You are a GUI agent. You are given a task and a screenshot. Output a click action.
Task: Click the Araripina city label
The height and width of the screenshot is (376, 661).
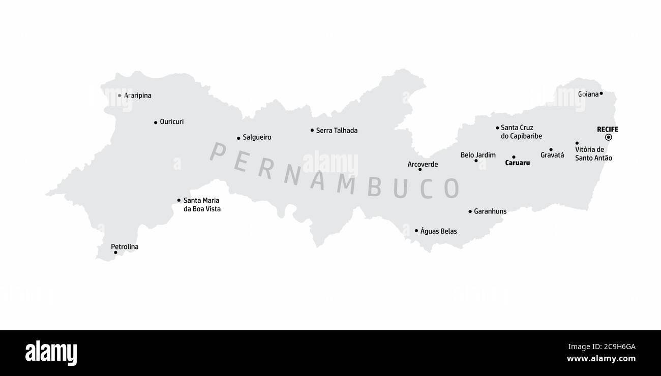point(138,96)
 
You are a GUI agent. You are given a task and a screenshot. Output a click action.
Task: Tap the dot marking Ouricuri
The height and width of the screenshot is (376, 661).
point(156,122)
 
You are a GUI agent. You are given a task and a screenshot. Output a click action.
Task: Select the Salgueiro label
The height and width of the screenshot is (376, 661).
point(257,137)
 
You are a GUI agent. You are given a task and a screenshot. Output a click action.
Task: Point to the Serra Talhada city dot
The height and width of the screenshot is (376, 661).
point(312,130)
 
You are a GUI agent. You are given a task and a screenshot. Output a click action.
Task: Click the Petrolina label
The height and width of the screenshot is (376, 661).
point(125,247)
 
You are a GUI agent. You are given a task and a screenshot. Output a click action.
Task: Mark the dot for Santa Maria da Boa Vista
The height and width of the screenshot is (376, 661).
point(179,200)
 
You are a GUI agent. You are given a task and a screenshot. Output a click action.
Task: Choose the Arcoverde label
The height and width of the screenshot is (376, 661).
point(423,164)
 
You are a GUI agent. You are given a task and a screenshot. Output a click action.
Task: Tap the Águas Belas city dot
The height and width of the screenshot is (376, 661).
point(416,231)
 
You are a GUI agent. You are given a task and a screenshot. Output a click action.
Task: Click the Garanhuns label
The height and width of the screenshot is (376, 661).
point(490,211)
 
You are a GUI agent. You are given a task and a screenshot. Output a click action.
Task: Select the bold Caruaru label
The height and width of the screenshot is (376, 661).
point(518,163)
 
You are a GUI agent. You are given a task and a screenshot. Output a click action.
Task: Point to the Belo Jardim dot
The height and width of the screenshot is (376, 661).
point(476,161)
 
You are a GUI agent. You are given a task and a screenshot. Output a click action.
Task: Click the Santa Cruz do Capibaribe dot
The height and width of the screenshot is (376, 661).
point(497,128)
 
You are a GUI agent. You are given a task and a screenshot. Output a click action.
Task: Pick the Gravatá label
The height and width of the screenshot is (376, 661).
point(552,155)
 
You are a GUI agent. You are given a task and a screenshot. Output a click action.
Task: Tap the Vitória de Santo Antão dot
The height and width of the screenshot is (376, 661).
point(577,143)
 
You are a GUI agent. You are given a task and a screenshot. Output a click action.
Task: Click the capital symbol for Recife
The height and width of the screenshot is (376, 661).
point(608,137)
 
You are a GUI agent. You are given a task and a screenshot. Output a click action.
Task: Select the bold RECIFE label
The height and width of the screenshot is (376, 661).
point(608,129)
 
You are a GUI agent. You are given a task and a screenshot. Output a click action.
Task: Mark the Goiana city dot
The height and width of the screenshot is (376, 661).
point(601,93)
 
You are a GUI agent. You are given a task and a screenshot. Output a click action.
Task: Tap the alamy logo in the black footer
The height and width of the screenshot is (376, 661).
point(51,353)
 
